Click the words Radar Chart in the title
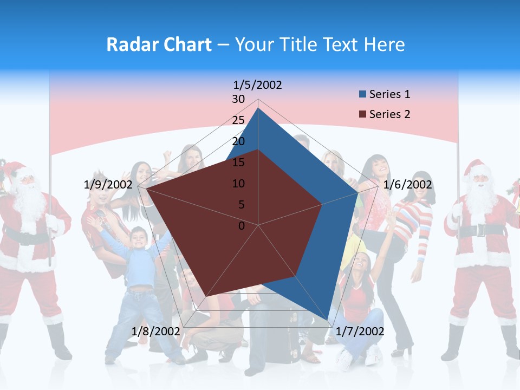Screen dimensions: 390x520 click(159, 44)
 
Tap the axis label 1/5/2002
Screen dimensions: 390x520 click(258, 85)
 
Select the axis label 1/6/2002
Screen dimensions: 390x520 click(407, 185)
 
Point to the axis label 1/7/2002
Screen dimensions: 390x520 click(360, 331)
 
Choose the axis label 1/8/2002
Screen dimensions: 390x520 click(155, 331)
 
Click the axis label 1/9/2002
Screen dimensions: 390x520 click(108, 185)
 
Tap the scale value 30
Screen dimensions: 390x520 click(238, 99)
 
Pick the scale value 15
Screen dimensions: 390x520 click(238, 162)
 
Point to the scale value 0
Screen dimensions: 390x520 click(242, 226)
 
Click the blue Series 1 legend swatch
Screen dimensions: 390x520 click(362, 94)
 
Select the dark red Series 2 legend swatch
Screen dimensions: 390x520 click(362, 114)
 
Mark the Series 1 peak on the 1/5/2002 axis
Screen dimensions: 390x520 click(258, 108)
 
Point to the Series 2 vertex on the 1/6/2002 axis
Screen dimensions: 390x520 click(322, 204)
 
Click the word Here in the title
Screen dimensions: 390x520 click(385, 44)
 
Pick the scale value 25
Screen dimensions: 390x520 click(238, 120)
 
